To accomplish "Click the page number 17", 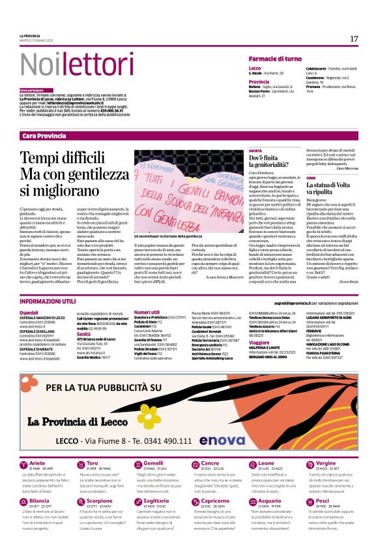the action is (354, 38).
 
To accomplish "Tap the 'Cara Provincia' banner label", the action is (44, 135).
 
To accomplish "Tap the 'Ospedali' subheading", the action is (29, 313).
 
